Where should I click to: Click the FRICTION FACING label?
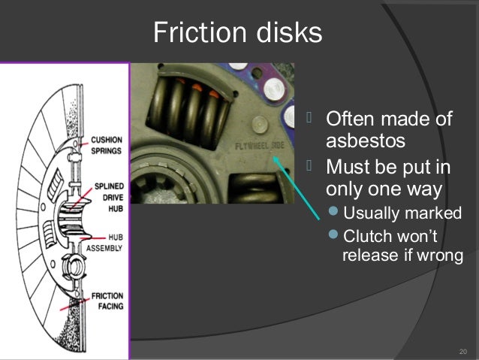click(x=107, y=301)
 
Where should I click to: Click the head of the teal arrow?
click(x=276, y=157)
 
